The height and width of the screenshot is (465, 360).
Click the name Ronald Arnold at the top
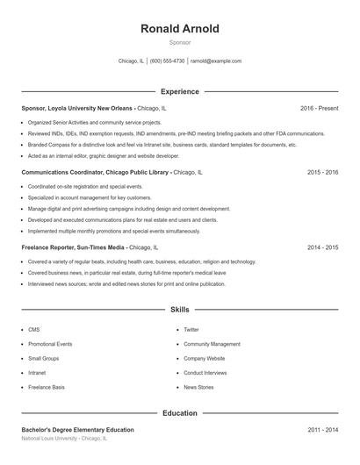pyautogui.click(x=179, y=29)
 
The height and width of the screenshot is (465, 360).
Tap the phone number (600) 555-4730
pyautogui.click(x=167, y=61)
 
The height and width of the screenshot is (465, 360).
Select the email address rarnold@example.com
pyautogui.click(x=216, y=61)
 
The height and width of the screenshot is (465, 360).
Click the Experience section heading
pyautogui.click(x=179, y=91)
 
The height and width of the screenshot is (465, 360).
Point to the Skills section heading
pyautogui.click(x=179, y=310)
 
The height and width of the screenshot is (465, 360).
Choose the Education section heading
pyautogui.click(x=179, y=412)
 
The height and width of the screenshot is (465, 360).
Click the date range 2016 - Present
pyautogui.click(x=319, y=108)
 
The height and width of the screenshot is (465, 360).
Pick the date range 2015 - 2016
pyautogui.click(x=322, y=173)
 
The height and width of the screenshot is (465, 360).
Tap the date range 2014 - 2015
pyautogui.click(x=322, y=247)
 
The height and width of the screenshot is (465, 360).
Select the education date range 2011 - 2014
pyautogui.click(x=322, y=430)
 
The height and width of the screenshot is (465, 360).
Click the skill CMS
pyautogui.click(x=34, y=330)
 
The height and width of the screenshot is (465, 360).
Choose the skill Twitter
pyautogui.click(x=191, y=330)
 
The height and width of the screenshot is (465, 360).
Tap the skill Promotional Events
pyautogui.click(x=50, y=344)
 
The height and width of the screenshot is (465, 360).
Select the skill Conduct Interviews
pyautogui.click(x=205, y=373)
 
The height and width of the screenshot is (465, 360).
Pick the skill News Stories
pyautogui.click(x=198, y=387)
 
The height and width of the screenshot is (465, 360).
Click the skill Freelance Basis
pyautogui.click(x=47, y=387)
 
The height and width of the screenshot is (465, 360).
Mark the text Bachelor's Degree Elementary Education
pyautogui.click(x=78, y=430)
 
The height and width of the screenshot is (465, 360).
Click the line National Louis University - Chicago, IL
pyautogui.click(x=64, y=438)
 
